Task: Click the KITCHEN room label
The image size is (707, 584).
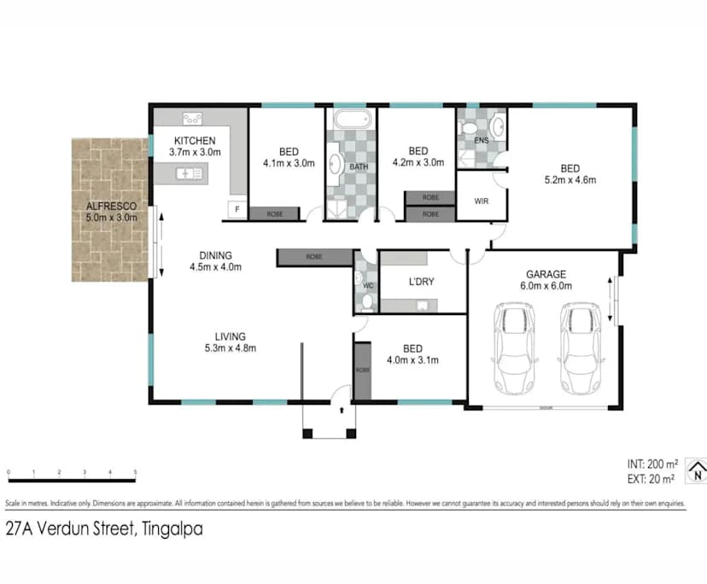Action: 195,141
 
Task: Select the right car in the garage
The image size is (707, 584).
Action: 577,350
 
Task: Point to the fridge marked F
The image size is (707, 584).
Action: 235,209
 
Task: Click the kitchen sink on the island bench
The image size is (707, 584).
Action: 188,174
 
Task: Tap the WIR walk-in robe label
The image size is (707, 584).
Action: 480,202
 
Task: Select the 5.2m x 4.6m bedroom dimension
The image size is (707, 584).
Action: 570,180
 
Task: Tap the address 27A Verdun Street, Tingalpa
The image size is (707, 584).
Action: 103,529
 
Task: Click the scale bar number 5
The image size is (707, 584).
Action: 135,472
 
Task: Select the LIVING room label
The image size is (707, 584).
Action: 231,336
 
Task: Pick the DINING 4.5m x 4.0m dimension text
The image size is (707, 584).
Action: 215,266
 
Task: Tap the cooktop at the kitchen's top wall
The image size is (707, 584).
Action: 190,119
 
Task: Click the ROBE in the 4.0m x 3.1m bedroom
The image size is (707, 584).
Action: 362,371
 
